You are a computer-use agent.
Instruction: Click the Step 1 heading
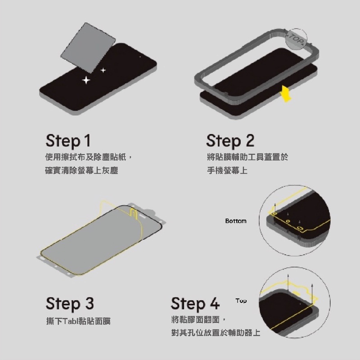coord(68,141)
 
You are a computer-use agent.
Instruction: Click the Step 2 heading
coord(230,141)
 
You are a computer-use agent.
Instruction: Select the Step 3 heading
coord(70,304)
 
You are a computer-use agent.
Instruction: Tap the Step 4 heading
coord(195,304)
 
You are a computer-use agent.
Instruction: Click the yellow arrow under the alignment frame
coord(286,94)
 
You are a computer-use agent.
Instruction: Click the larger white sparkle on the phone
coord(86,80)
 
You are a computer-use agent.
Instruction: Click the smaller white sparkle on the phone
coord(103,70)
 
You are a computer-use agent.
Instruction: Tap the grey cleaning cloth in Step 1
coord(88,48)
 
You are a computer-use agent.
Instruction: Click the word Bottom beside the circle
coord(236,221)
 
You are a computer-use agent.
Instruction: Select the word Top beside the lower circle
coord(241,301)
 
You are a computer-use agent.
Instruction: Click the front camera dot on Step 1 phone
coord(140,57)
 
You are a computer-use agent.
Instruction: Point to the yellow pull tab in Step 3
coord(133,212)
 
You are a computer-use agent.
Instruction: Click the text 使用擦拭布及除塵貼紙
coord(85,157)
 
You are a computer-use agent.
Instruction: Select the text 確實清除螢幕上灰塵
coord(82,171)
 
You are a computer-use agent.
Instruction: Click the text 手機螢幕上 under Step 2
coord(227,171)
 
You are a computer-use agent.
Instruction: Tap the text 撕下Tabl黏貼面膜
coord(78,321)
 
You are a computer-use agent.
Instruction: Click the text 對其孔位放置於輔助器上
coord(216,333)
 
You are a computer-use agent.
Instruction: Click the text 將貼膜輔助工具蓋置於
coord(247,157)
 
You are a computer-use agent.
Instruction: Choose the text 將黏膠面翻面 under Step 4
coord(195,319)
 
